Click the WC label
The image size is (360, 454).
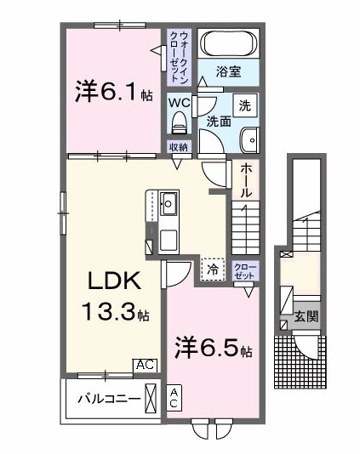tap(179, 103)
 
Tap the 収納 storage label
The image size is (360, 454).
tap(178, 148)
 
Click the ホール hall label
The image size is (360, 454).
tap(245, 180)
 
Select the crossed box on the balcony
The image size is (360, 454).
tap(151, 398)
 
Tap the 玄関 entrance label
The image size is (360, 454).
tap(306, 317)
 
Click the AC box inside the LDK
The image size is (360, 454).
tap(145, 365)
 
